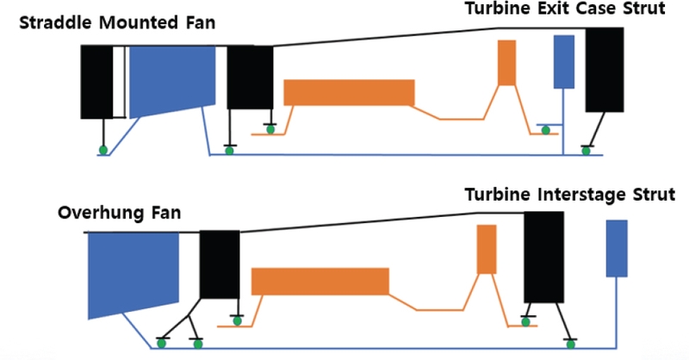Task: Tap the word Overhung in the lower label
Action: pos(96,213)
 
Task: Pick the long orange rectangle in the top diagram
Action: pos(349,92)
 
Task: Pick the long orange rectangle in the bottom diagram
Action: pos(320,281)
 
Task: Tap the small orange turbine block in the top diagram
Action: pos(506,62)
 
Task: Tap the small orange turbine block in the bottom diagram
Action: pos(487,249)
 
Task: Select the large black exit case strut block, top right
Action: pos(605,70)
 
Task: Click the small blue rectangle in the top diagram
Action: pos(563,61)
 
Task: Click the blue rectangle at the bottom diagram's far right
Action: pos(616,248)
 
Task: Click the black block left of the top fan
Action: pos(96,82)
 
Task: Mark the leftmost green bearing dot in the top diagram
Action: pos(103,151)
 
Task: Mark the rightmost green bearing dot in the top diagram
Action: pos(586,151)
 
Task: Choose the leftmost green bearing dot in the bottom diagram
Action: pos(159,344)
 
